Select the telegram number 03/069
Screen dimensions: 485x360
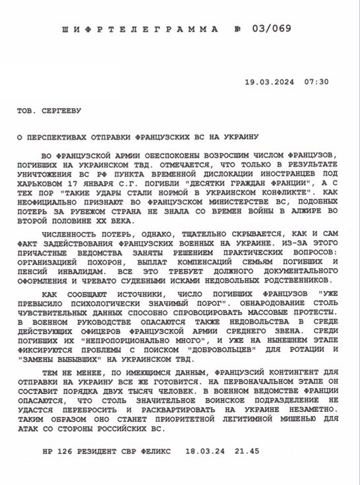pyautogui.click(x=271, y=30)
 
